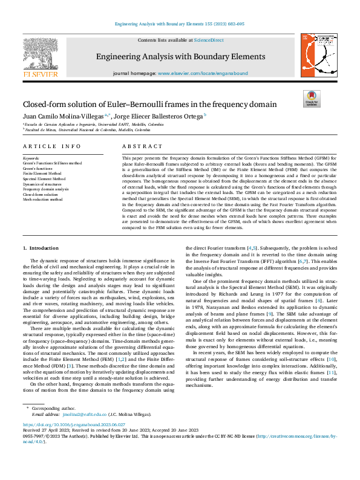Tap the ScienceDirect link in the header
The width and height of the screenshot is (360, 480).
209,39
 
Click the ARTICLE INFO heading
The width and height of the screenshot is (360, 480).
51,146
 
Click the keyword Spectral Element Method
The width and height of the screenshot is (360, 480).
44,179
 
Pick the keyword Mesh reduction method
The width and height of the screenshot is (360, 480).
42,199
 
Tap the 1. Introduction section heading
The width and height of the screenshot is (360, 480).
41,248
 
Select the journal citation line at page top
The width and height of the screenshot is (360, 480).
180,24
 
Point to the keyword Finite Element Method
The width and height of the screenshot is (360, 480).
43,174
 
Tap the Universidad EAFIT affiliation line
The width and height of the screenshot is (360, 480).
94,124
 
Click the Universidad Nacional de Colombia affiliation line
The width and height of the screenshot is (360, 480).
87,130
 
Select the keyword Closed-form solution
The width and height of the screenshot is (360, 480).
41,195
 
